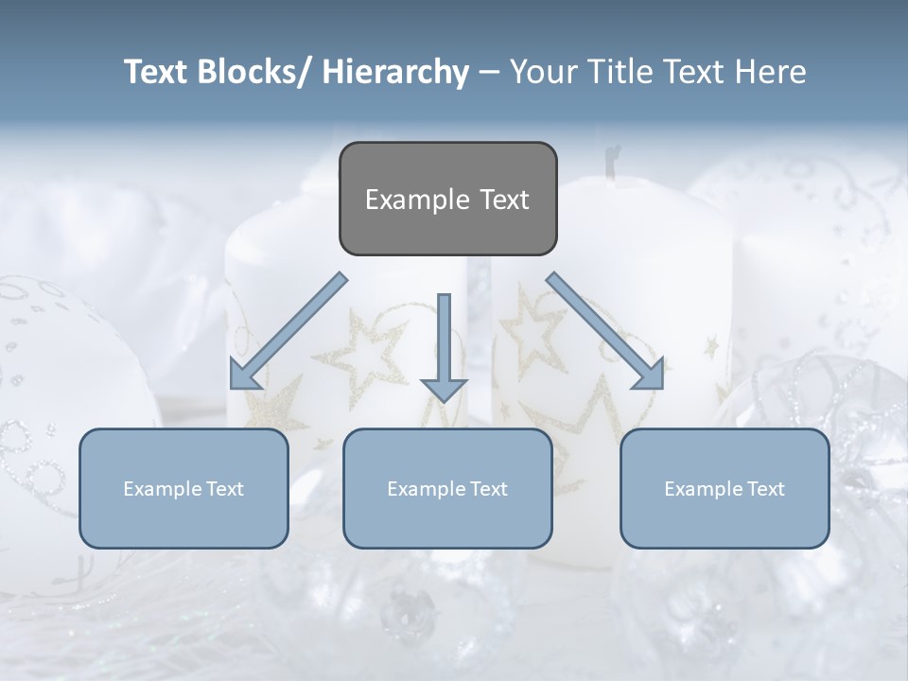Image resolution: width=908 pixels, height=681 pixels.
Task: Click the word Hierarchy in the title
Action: pos(394,72)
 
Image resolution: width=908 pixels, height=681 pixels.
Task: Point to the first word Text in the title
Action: pos(158,72)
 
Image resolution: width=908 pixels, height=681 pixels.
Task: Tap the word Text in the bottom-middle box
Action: pos(486,489)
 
